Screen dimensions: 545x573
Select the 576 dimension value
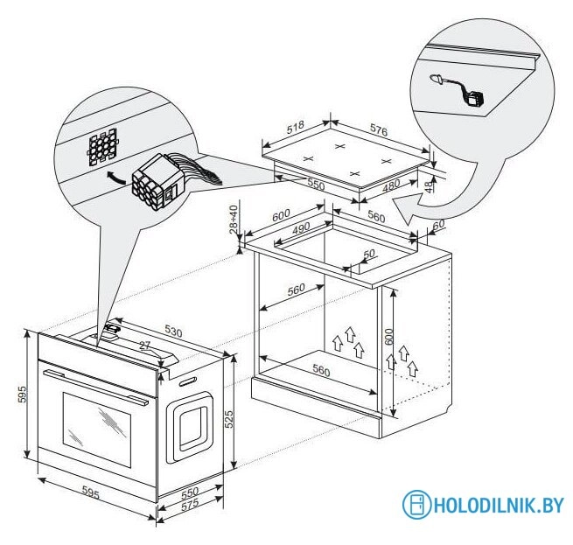pyautogui.click(x=378, y=129)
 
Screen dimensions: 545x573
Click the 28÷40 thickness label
pyautogui.click(x=234, y=220)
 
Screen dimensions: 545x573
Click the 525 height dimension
pyautogui.click(x=229, y=421)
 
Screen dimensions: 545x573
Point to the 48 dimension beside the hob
pyautogui.click(x=428, y=185)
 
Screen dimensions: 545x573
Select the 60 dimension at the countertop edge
pyautogui.click(x=438, y=225)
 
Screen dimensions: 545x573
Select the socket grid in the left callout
pyautogui.click(x=101, y=146)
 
